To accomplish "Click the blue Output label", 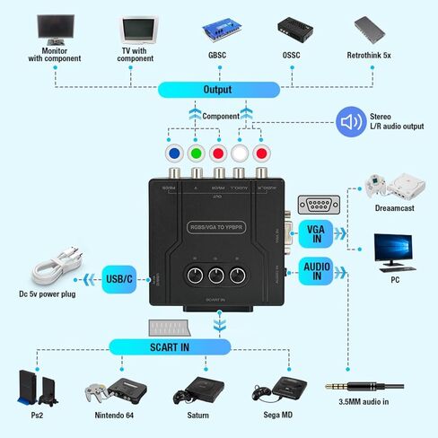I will pos(218,90).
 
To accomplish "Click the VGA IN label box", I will pos(317,232).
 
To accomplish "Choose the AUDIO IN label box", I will pos(317,271).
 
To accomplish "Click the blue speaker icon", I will pos(349,123).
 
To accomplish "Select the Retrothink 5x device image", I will pos(374,29).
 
